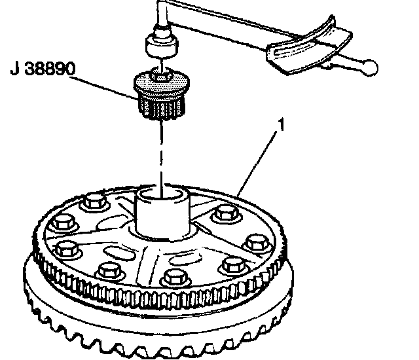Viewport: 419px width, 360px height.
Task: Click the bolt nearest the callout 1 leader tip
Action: click(226, 212)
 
